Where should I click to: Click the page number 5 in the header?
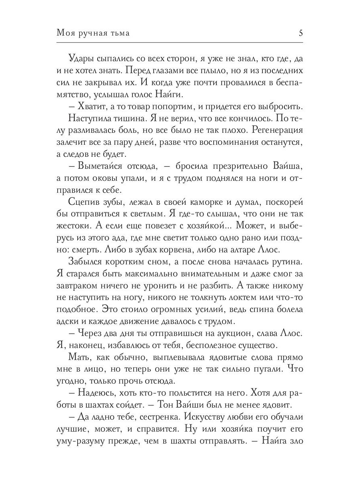pyautogui.click(x=300, y=33)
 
